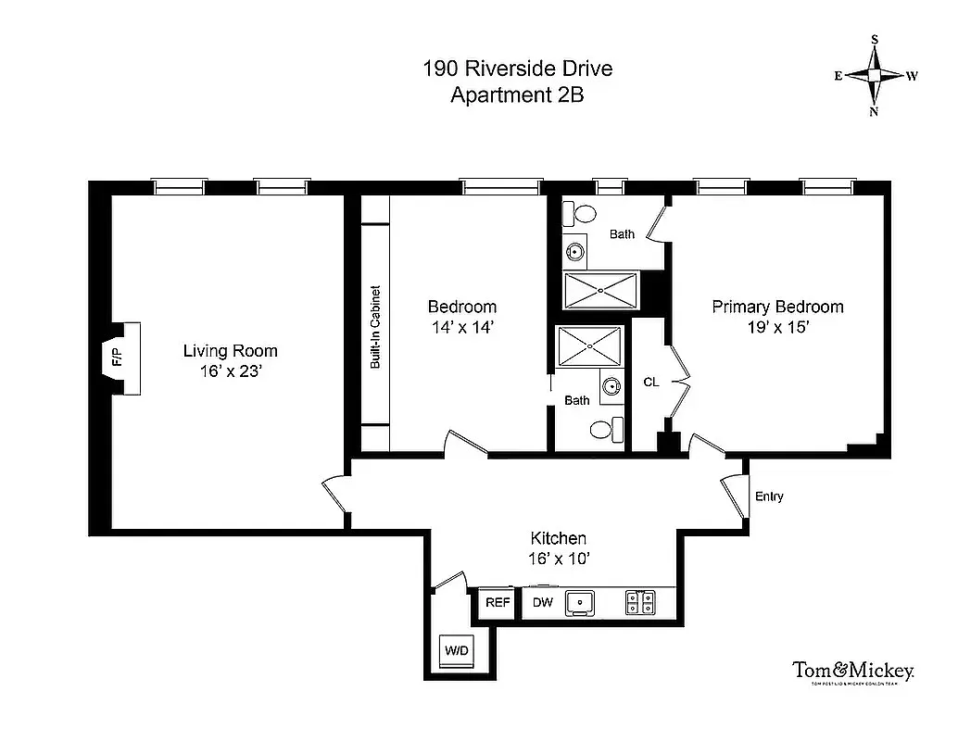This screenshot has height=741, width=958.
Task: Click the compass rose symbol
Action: (874, 75)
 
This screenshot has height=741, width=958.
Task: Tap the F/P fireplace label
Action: (117, 358)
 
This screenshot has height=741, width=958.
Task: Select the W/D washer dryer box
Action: (457, 650)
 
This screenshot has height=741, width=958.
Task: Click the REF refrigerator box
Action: (498, 603)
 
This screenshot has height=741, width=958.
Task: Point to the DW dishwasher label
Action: (542, 603)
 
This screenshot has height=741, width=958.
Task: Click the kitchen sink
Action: (581, 603)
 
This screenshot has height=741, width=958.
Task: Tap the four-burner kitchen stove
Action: (639, 603)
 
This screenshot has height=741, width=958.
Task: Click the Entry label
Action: (769, 496)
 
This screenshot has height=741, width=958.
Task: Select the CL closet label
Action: (651, 382)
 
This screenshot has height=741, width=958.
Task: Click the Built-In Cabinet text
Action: (375, 326)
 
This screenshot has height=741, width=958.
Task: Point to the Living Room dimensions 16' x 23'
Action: (230, 371)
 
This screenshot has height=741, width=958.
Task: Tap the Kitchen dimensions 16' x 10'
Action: (558, 559)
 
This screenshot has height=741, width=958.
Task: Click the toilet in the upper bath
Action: (582, 214)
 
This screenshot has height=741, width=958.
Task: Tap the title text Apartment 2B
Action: (517, 94)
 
